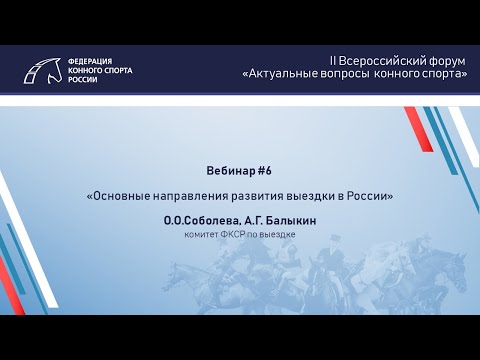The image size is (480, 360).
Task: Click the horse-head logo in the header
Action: pos(43,69)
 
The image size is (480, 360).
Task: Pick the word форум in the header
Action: pos(444,61)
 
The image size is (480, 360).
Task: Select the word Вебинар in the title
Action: pos(226,171)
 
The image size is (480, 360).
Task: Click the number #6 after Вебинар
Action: pos(264,171)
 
